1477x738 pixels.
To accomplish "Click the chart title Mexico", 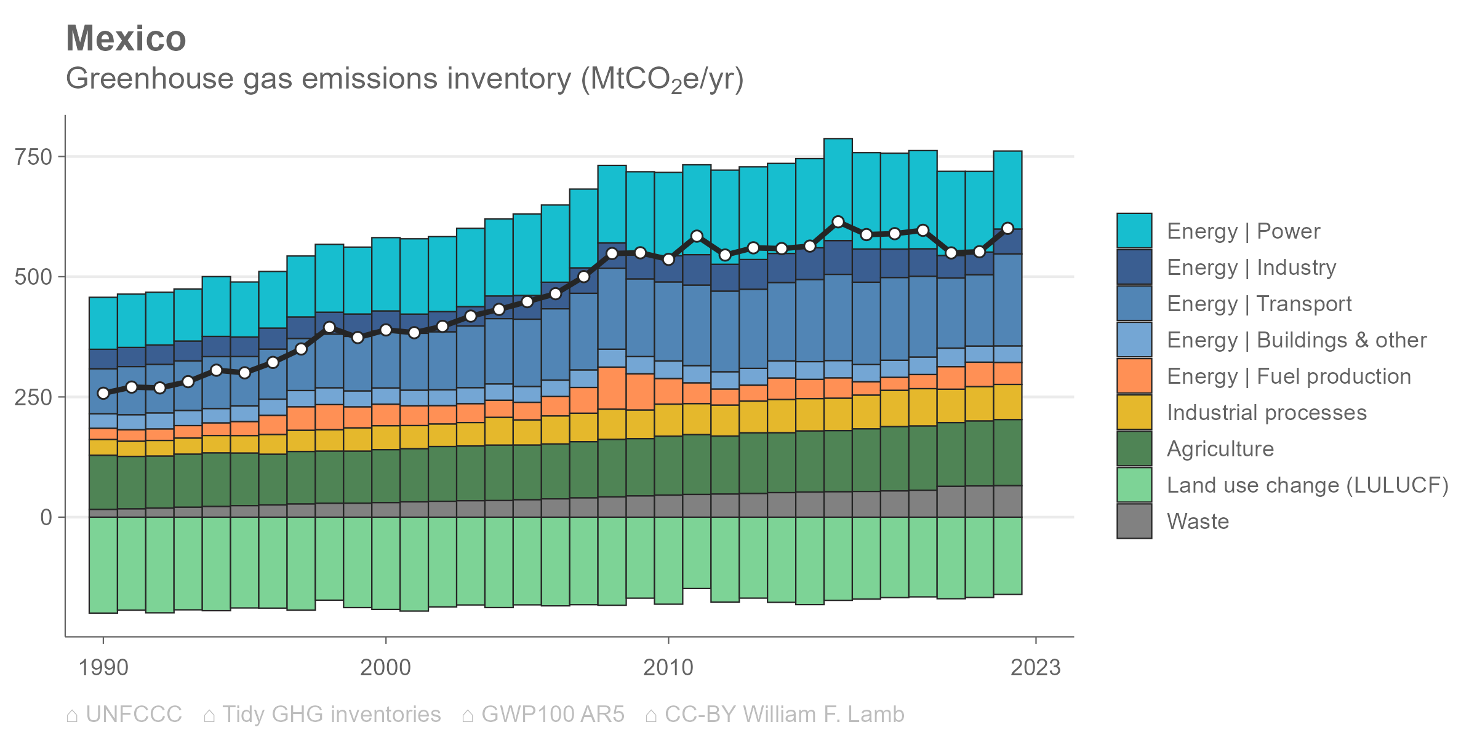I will (126, 39).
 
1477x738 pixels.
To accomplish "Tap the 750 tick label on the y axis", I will (34, 157).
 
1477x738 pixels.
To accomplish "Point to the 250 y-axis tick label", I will (34, 397).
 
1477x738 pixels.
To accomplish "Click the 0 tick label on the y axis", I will (46, 518).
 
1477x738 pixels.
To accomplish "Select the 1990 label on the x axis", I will (103, 667).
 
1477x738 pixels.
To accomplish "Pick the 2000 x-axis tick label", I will (385, 667).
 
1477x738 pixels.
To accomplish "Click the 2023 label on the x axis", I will (1036, 667).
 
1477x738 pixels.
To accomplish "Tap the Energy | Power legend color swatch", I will (1134, 231).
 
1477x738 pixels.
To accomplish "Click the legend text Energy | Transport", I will (1259, 304).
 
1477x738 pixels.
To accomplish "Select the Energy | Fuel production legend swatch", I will (1134, 376).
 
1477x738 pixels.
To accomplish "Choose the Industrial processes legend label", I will (1267, 413).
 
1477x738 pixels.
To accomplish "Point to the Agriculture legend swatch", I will (1134, 448).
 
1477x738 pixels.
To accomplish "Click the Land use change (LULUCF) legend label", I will (1308, 485).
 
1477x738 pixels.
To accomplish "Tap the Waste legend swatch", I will (1134, 521).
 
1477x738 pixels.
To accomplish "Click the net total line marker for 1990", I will (103, 393).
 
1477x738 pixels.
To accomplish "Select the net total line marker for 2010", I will (668, 260).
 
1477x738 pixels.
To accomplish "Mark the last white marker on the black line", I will (1007, 228).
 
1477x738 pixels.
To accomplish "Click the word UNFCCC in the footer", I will (134, 715).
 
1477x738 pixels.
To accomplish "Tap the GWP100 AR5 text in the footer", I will (553, 715).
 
